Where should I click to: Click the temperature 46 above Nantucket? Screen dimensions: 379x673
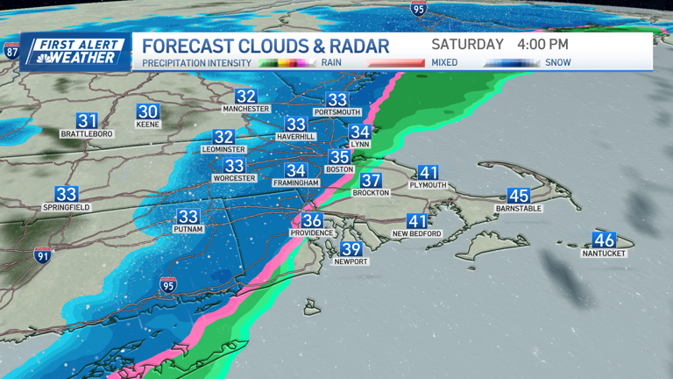(604, 240)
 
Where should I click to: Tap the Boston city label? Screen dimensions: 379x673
(339, 169)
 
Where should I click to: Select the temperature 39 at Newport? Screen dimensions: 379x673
(351, 249)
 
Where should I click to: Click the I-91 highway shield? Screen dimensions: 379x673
(42, 255)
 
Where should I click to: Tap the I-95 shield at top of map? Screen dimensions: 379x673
(419, 8)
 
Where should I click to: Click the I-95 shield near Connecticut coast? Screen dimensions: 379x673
(168, 284)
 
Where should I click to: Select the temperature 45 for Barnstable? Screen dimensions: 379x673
(519, 197)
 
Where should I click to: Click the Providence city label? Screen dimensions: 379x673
(312, 232)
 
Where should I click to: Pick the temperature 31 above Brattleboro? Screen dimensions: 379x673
(87, 121)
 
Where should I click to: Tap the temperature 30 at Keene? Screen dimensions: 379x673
(147, 111)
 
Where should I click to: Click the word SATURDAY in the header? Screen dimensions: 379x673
(468, 44)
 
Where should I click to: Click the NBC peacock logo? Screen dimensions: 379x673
(32, 58)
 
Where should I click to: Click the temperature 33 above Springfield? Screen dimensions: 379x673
(67, 194)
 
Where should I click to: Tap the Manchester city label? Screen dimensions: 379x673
(245, 109)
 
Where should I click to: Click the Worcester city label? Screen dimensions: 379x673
(234, 178)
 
